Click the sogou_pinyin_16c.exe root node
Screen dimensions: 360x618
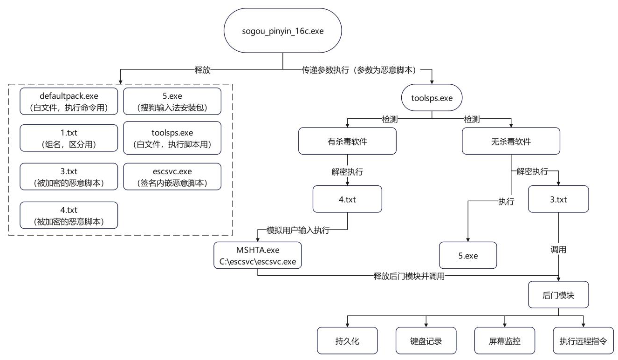tap(283, 32)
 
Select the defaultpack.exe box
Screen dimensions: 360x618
tap(69, 101)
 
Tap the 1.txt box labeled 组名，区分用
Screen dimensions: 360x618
tap(69, 138)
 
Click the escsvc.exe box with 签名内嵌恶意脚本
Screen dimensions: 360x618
tap(172, 176)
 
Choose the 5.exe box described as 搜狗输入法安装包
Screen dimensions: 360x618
tap(172, 101)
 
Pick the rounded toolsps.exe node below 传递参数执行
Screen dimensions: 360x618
tap(432, 98)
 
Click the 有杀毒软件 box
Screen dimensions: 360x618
tap(347, 141)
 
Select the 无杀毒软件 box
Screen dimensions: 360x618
tap(511, 141)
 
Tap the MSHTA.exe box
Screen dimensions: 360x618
tap(258, 255)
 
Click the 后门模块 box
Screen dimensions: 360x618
tap(558, 295)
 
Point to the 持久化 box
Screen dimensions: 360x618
tap(347, 341)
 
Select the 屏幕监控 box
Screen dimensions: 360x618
tap(505, 341)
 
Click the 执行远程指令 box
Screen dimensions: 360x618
tap(583, 341)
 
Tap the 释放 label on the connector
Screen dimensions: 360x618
tap(202, 70)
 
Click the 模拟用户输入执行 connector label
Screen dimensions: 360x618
tap(297, 230)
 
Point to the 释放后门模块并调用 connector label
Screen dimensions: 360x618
tap(409, 276)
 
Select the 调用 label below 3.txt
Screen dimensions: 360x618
tap(558, 250)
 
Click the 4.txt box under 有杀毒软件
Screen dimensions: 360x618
tap(347, 199)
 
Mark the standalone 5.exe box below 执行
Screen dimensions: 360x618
tap(468, 256)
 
